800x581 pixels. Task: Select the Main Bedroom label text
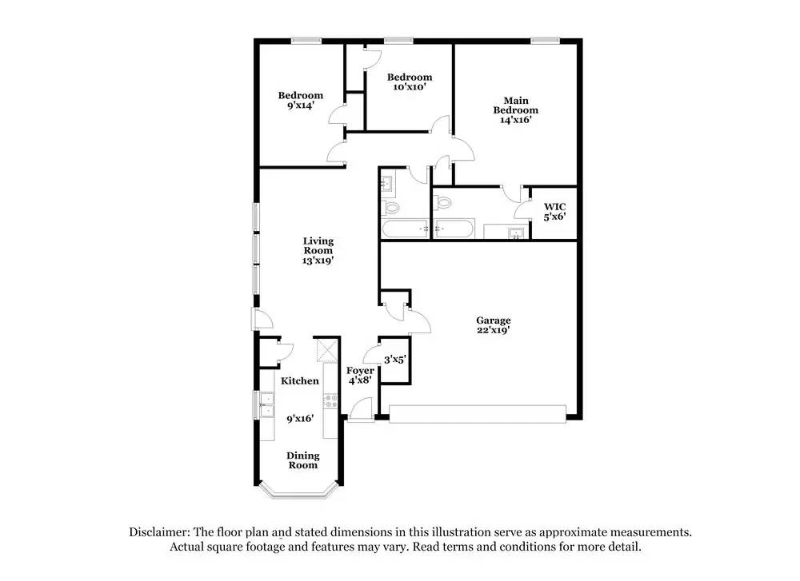click(515, 105)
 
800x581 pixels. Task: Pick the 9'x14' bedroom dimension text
click(301, 105)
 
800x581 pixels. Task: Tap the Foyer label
click(360, 371)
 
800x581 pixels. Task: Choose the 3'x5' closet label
click(395, 360)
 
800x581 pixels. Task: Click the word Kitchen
click(300, 381)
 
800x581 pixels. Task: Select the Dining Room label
click(303, 460)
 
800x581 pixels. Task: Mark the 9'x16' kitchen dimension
click(300, 417)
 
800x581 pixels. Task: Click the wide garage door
click(478, 413)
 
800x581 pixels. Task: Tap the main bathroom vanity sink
click(517, 233)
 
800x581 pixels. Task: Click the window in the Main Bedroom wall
click(546, 40)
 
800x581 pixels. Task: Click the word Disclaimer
click(158, 531)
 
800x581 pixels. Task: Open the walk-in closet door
click(522, 209)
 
